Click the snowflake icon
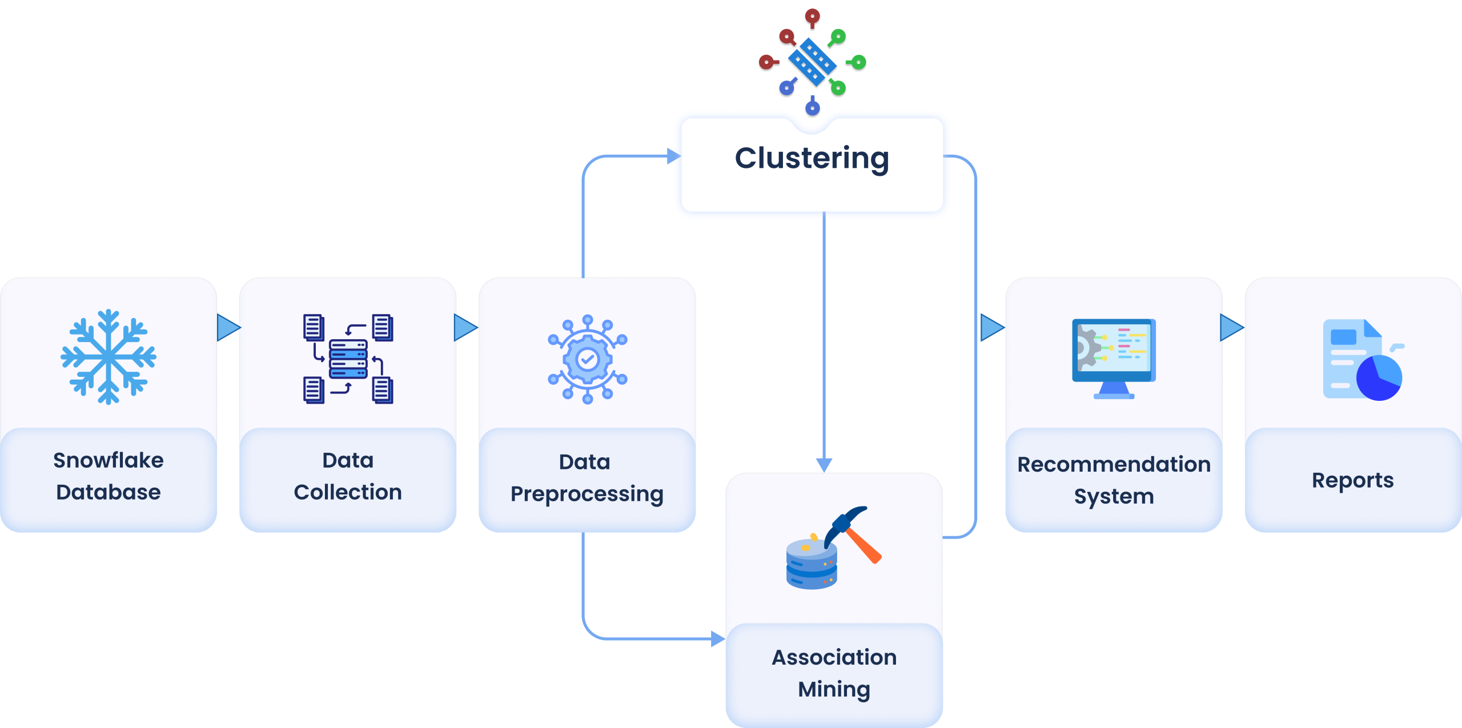click(109, 357)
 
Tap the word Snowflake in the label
click(109, 460)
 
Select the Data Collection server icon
click(348, 359)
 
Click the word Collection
click(348, 492)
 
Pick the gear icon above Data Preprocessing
click(587, 359)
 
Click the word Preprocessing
click(587, 494)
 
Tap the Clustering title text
click(812, 158)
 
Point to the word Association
click(834, 657)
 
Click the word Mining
click(834, 689)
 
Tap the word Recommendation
click(1114, 464)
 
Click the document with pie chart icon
click(1363, 360)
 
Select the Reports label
click(1352, 480)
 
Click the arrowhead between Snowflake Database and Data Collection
click(228, 328)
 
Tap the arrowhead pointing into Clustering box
click(673, 156)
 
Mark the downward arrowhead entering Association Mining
click(824, 465)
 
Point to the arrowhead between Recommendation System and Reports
click(1231, 328)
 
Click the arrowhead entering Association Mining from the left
click(718, 639)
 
